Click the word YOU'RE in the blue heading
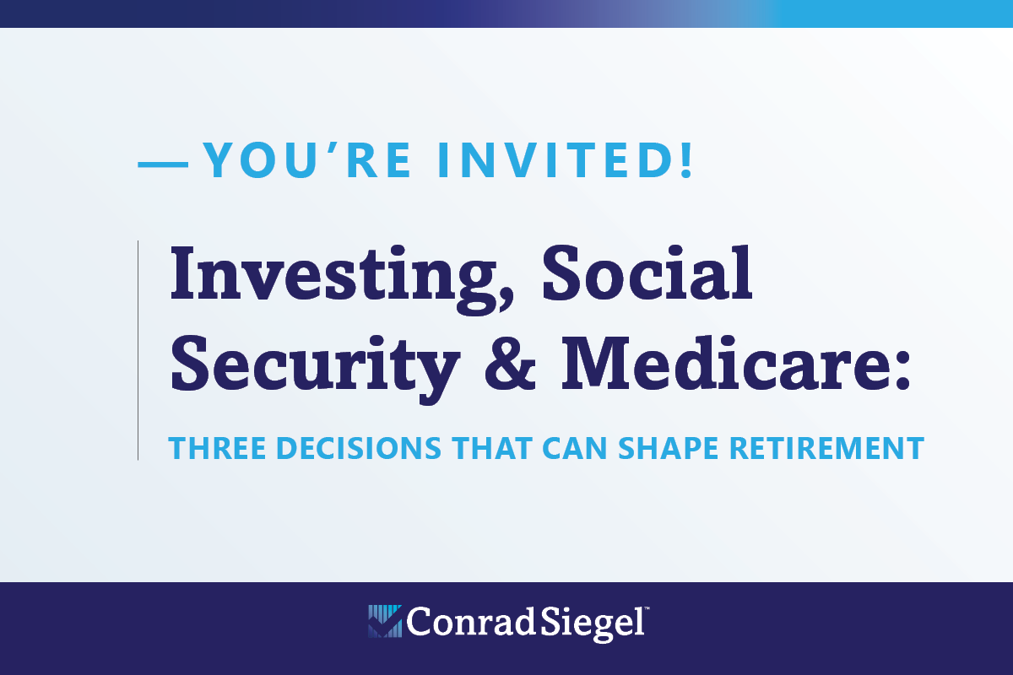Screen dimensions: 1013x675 coord(307,160)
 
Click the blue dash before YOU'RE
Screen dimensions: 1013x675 coord(163,165)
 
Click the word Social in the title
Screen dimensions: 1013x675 coord(647,273)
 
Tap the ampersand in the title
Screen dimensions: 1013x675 coord(510,363)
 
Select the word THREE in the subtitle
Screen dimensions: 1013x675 coord(217,449)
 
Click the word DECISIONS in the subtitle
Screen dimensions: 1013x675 coord(359,449)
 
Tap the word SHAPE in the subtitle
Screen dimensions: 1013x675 coord(668,449)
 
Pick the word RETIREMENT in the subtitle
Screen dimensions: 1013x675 coord(827,449)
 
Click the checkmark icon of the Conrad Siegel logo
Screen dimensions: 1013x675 coord(384,621)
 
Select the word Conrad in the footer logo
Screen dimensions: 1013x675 coord(470,622)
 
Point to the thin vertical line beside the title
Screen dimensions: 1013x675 coord(138,350)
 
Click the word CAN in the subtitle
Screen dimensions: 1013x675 coord(574,449)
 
